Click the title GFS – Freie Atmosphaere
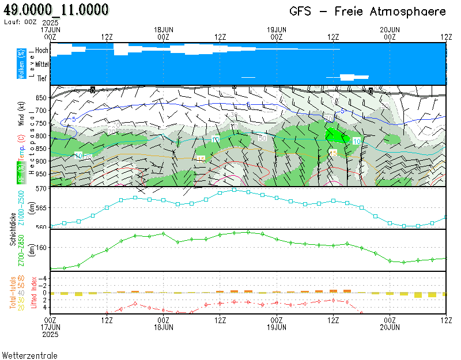tap(368, 12)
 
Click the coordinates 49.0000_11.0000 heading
tap(56, 10)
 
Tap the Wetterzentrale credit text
tap(29, 355)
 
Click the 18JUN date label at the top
tap(164, 29)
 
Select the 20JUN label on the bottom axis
tap(390, 327)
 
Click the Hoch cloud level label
tap(42, 51)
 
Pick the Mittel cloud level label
tap(41, 65)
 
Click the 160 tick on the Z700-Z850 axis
tap(42, 248)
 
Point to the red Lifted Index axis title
tap(34, 293)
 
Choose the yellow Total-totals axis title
tap(13, 293)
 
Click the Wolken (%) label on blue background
tap(21, 64)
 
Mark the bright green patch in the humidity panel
tap(335, 135)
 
